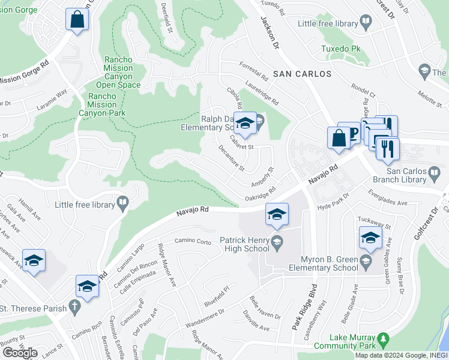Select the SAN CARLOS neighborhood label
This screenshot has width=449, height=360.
pos(302,74)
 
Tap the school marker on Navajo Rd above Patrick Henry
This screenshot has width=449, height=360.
pos(276,215)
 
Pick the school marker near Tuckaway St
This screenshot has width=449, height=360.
pos(370,237)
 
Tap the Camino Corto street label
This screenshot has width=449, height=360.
pos(193,241)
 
